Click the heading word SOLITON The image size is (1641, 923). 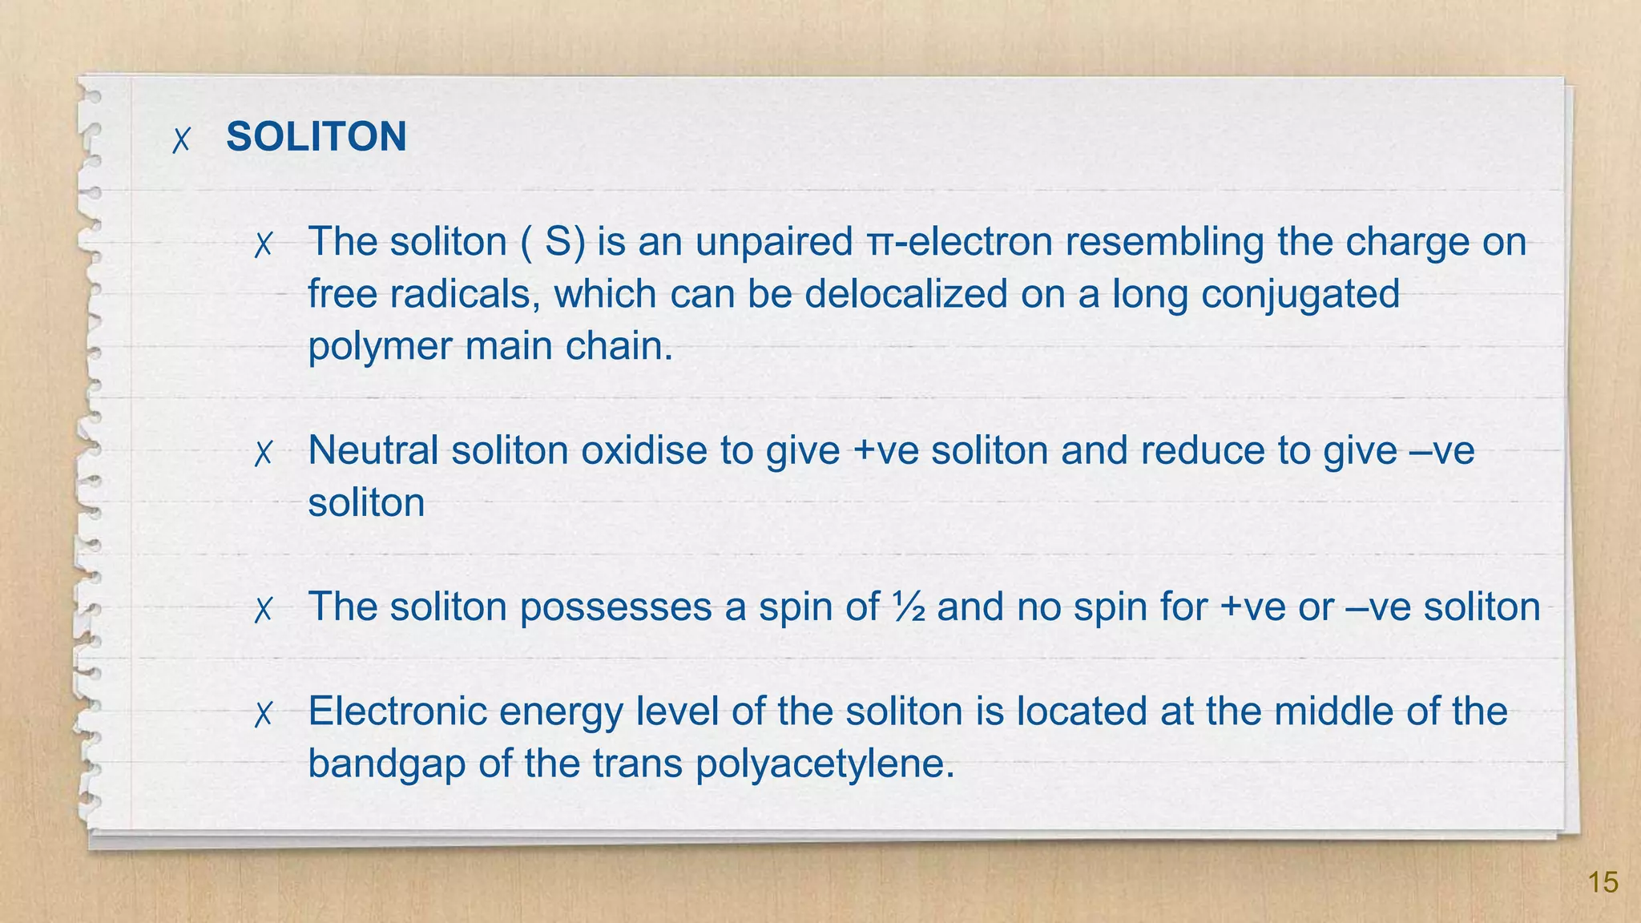click(x=316, y=137)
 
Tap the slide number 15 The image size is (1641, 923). click(x=1603, y=883)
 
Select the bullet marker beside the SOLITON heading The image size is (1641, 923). click(x=182, y=140)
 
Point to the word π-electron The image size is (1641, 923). click(x=959, y=243)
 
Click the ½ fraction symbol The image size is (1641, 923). click(x=908, y=607)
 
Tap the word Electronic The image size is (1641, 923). click(x=397, y=711)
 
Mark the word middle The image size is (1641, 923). click(x=1328, y=711)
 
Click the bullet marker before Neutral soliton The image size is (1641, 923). click(x=263, y=454)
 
